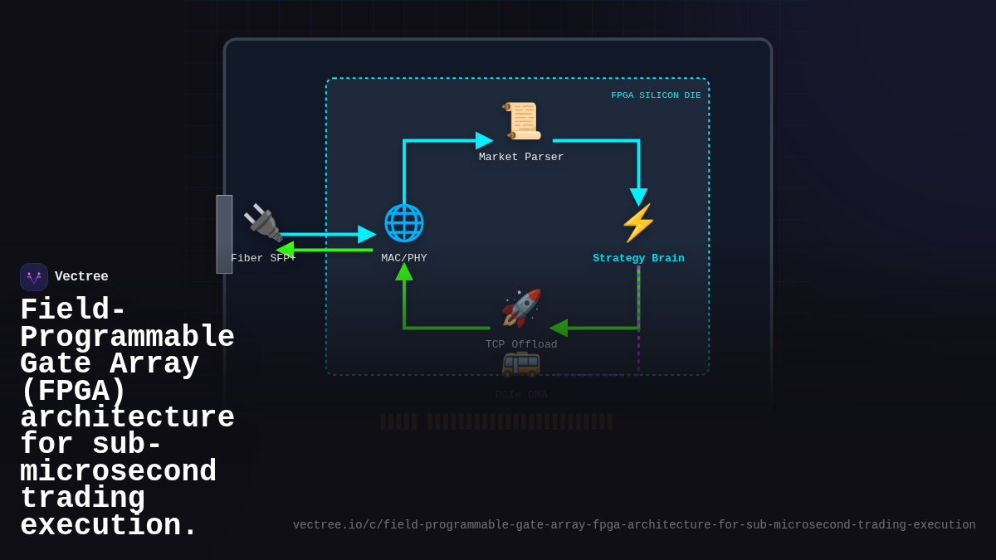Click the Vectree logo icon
(34, 277)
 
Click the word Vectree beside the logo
(81, 277)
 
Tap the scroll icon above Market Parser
(521, 121)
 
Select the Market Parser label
(521, 158)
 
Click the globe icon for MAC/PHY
(404, 222)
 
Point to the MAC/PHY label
(404, 259)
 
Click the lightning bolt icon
(638, 222)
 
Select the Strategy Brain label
(638, 259)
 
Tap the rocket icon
(521, 309)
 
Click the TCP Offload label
(521, 345)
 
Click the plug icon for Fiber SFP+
(263, 222)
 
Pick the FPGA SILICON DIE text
(656, 95)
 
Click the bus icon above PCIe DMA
(521, 363)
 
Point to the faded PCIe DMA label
(521, 395)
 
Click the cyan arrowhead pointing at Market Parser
(484, 141)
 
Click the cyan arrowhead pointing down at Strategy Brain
(638, 197)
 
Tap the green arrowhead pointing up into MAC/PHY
(404, 271)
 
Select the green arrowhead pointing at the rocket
(559, 329)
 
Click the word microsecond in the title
(118, 472)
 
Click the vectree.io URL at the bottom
(634, 525)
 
